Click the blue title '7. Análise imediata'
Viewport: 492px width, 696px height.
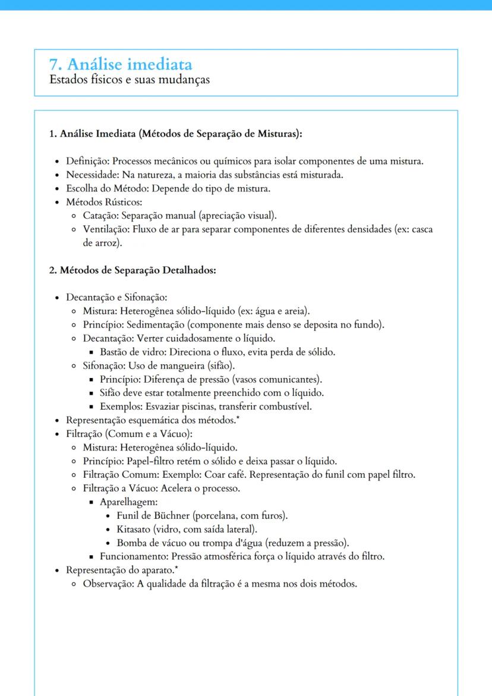pyautogui.click(x=121, y=64)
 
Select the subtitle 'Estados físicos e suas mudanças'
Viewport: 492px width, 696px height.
pyautogui.click(x=130, y=79)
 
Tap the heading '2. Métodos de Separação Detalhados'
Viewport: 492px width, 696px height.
pyautogui.click(x=132, y=270)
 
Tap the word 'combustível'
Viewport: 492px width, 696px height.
pyautogui.click(x=284, y=407)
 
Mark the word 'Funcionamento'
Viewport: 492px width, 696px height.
pyautogui.click(x=133, y=557)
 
